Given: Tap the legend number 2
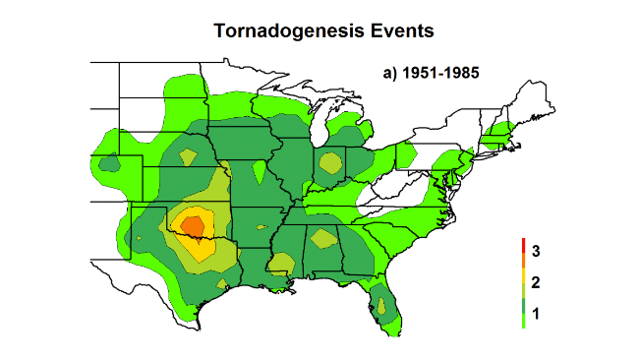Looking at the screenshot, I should click(536, 282).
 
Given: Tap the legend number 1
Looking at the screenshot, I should click(536, 312).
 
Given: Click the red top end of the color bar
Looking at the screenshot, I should click(524, 243).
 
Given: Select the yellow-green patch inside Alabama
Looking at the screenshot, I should click(320, 236).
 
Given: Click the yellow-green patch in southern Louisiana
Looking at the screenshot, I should click(280, 263).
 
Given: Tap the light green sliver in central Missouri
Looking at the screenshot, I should click(259, 172).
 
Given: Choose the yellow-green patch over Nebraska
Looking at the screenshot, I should click(185, 155).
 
